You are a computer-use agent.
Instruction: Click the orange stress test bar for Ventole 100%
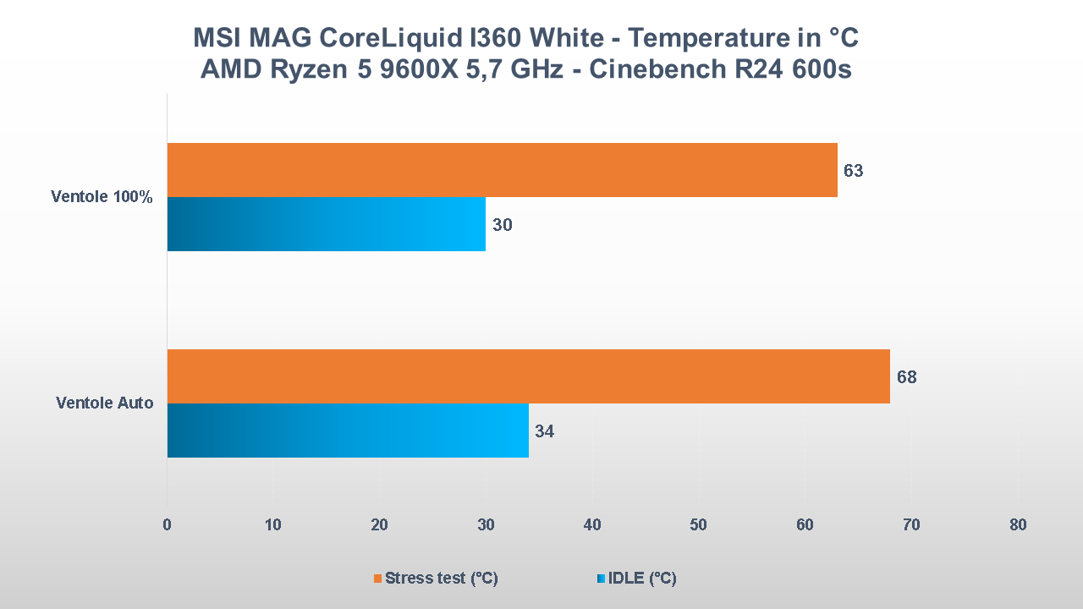click(x=502, y=170)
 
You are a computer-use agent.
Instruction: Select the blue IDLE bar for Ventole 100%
click(x=326, y=224)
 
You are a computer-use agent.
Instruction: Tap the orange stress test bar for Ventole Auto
click(x=528, y=376)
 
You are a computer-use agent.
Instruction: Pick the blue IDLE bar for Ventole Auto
click(x=348, y=431)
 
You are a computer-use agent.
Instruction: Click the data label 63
click(x=853, y=171)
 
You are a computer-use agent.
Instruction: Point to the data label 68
click(x=906, y=377)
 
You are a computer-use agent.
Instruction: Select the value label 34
click(x=544, y=431)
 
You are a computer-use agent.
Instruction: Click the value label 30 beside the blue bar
click(x=502, y=225)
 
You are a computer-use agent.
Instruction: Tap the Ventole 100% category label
click(x=102, y=197)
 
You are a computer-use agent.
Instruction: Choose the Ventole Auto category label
click(x=105, y=403)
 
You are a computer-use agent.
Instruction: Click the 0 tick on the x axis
click(x=167, y=525)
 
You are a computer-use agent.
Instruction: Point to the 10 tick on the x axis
click(x=272, y=525)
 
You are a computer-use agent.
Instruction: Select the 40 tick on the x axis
click(x=592, y=525)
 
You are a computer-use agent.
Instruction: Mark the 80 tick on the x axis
click(x=1018, y=525)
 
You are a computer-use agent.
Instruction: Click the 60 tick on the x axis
click(x=805, y=525)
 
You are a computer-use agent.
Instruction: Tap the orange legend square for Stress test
click(x=378, y=579)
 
